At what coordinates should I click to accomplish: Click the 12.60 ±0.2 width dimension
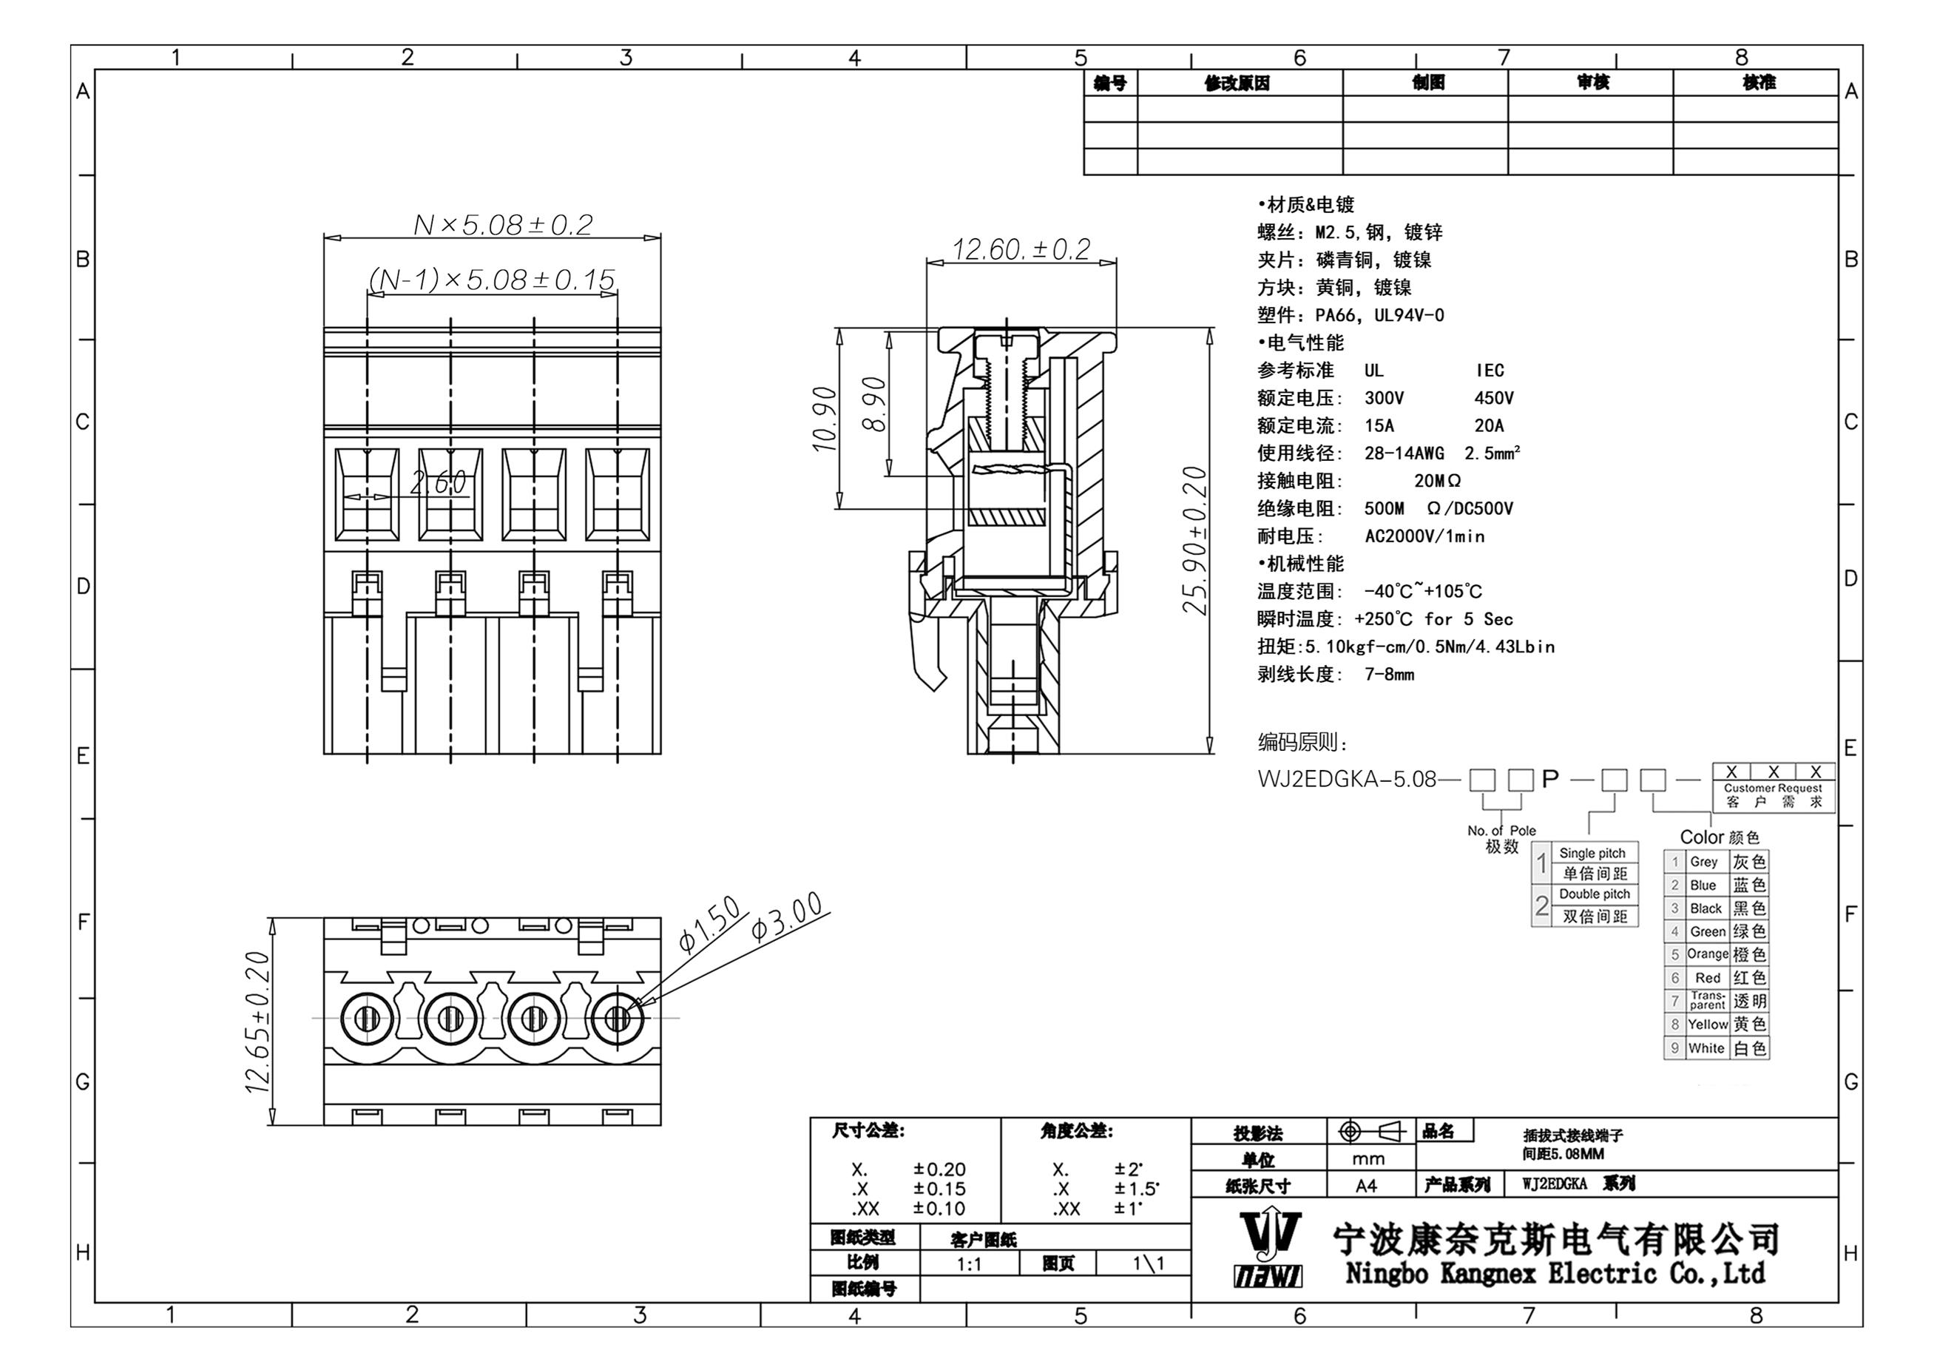1021,250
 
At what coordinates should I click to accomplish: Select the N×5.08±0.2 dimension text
503,225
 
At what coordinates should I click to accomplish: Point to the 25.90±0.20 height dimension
1194,540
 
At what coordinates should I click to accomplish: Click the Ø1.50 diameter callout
709,925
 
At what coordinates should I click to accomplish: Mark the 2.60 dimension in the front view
438,482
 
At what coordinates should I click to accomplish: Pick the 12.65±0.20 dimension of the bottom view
257,1022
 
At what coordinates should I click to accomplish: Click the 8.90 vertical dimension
875,404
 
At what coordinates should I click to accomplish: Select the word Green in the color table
1708,932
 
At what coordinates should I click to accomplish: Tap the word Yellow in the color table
1708,1024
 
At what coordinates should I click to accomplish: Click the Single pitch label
1592,853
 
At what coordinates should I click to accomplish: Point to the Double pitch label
1595,894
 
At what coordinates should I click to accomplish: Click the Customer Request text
1773,788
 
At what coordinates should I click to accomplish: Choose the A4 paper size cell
1367,1186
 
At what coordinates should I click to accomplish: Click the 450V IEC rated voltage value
1494,398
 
